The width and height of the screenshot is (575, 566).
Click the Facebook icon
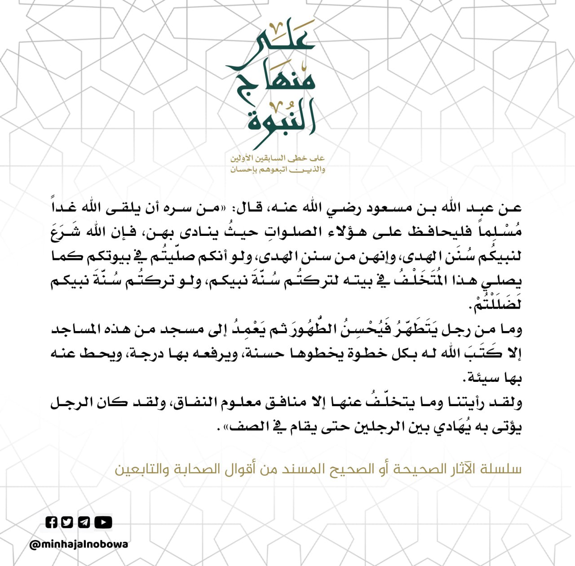pos(52,522)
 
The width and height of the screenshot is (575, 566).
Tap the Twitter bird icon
pos(67,522)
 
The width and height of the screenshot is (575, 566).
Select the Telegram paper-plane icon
pos(84,522)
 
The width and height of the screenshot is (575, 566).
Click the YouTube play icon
pos(103,522)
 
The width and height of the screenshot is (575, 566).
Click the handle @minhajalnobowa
pos(79,544)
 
